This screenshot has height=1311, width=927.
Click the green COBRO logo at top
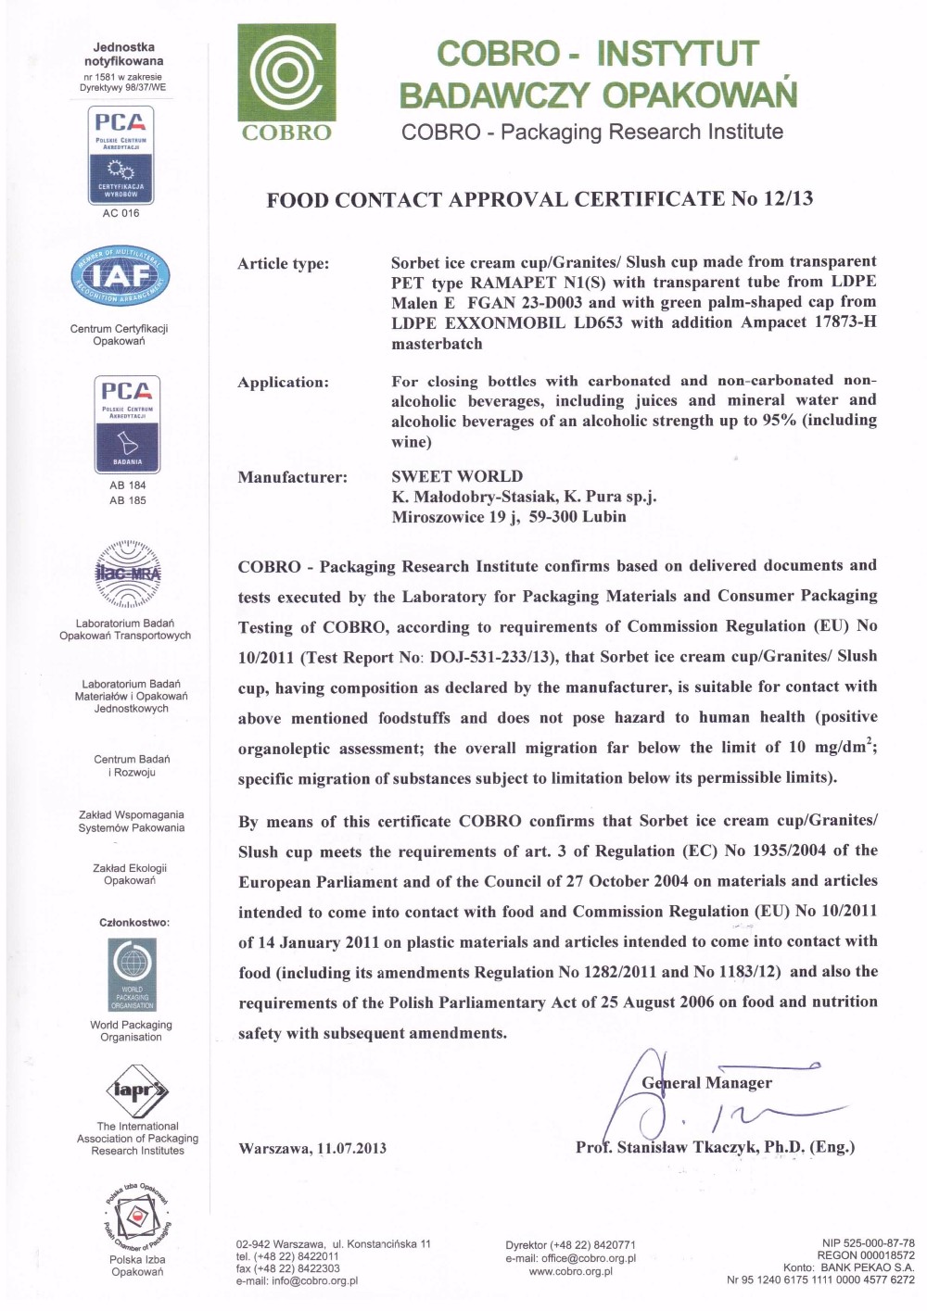[286, 83]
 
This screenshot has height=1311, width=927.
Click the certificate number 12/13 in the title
[788, 198]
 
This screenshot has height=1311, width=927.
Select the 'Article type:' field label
[283, 264]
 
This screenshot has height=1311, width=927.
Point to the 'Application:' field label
[283, 383]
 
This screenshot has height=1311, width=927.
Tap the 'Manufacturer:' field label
[292, 478]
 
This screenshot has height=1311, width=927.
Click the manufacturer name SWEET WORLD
[457, 476]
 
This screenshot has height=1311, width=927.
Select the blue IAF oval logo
[121, 275]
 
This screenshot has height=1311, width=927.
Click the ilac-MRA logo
[128, 574]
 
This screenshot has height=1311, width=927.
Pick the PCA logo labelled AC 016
[121, 155]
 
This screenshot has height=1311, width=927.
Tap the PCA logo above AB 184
[127, 424]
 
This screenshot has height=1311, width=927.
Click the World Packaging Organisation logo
[132, 974]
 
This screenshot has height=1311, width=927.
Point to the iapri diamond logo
[138, 1090]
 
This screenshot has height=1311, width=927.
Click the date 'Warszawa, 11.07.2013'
[312, 1149]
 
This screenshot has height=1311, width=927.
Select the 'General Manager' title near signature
[706, 1083]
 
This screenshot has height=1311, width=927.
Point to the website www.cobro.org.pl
[570, 1271]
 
